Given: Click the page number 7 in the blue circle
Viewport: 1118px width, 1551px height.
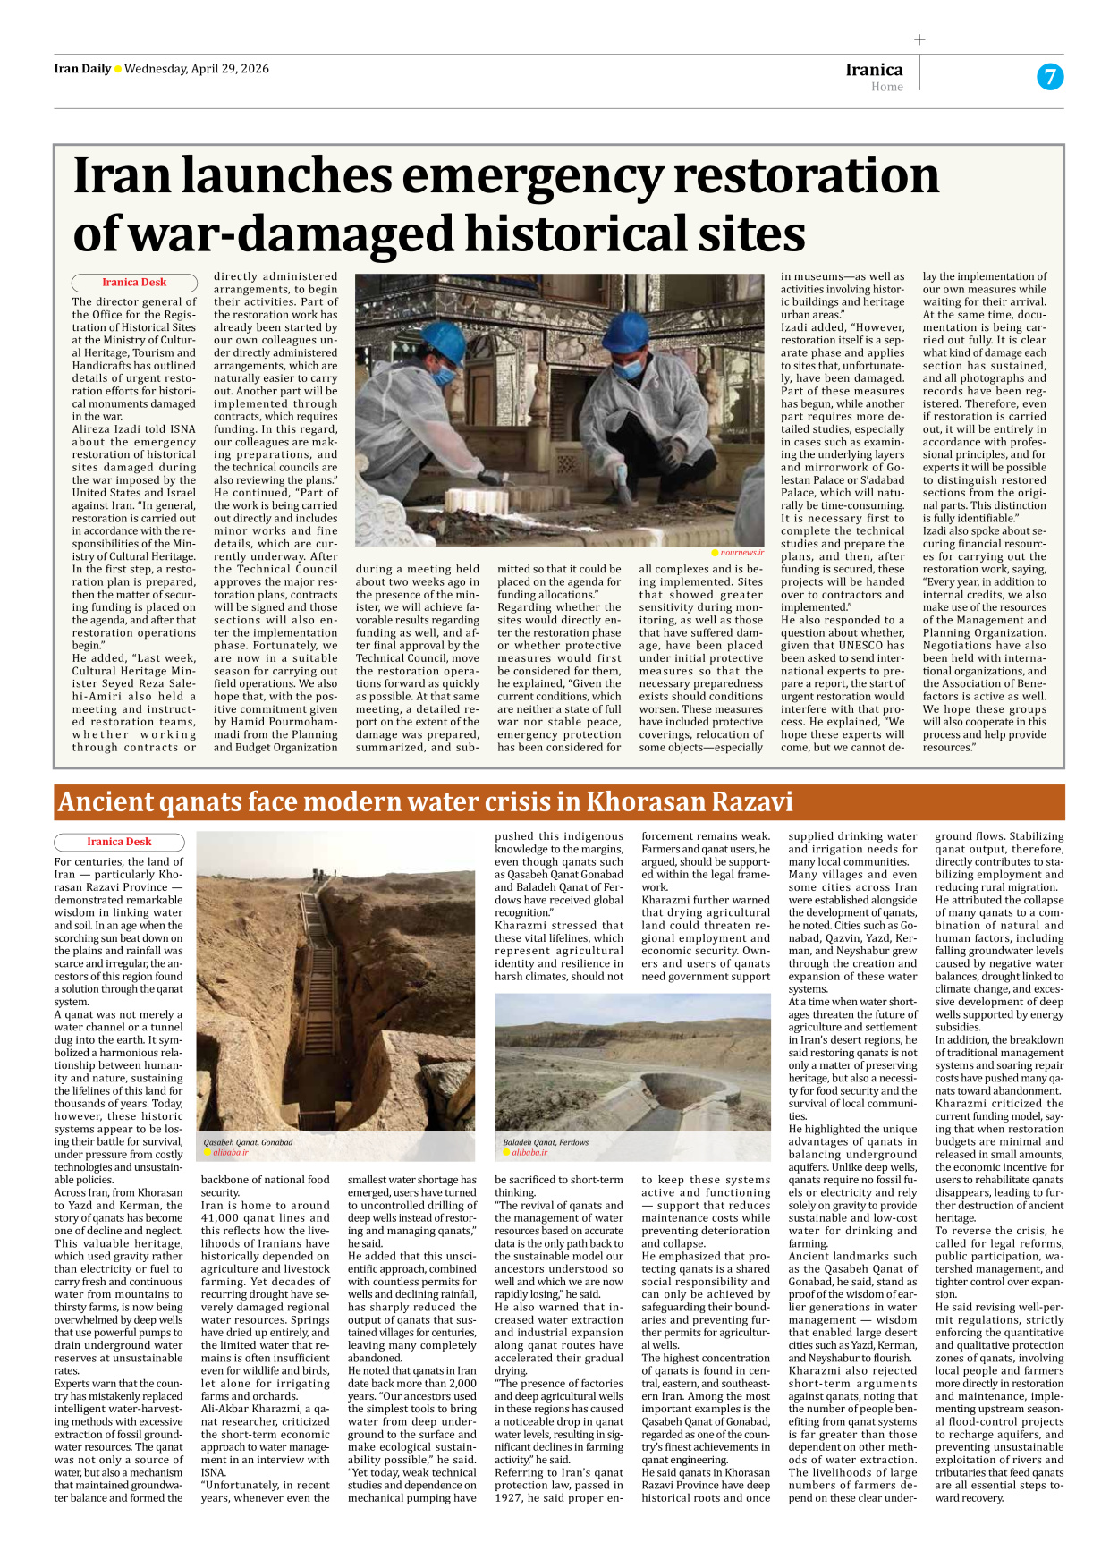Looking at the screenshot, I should (1049, 77).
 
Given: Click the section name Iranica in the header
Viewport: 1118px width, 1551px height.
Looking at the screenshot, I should (874, 70).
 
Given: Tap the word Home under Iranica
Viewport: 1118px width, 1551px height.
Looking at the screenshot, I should (886, 87).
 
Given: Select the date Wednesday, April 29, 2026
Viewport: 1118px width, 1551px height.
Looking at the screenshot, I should (196, 69).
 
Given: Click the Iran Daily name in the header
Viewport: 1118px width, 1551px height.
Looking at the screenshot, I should (82, 69).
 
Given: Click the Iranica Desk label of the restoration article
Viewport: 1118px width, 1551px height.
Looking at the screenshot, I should (134, 282).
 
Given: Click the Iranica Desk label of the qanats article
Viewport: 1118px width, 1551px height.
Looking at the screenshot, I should (119, 842).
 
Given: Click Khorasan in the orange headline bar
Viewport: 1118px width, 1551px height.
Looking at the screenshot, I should (638, 802).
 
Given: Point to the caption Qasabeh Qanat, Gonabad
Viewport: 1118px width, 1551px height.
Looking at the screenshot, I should (248, 1142).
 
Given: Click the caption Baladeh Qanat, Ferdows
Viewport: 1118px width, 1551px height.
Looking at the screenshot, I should (545, 1142).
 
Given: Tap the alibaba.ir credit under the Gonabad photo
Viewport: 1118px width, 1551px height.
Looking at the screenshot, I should (231, 1153).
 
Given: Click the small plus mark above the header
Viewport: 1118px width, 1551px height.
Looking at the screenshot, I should (919, 39).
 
